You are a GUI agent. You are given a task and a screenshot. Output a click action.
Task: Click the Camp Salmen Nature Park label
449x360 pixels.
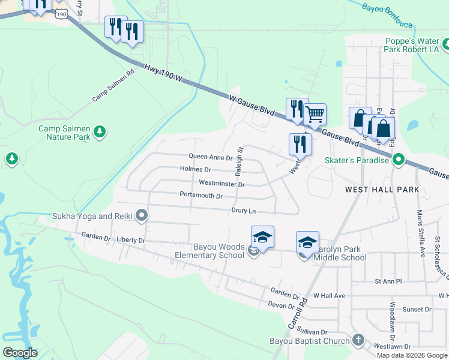click(x=64, y=133)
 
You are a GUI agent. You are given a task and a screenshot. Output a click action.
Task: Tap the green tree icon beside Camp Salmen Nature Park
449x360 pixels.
click(x=101, y=132)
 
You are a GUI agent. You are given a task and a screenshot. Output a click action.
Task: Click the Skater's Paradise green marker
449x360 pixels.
click(x=399, y=160)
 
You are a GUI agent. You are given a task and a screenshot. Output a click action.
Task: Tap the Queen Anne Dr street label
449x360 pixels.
click(x=210, y=158)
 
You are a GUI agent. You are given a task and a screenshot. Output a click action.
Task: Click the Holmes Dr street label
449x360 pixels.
click(x=196, y=170)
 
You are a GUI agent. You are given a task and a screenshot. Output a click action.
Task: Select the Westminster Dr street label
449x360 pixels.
click(x=221, y=184)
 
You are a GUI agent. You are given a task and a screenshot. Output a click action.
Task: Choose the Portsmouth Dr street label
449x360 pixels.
click(x=201, y=196)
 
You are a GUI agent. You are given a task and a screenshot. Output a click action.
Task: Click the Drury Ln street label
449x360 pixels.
click(x=244, y=211)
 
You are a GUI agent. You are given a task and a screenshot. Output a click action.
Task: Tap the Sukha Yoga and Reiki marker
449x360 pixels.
click(x=142, y=215)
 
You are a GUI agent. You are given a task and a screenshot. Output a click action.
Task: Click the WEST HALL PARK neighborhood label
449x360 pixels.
click(x=382, y=190)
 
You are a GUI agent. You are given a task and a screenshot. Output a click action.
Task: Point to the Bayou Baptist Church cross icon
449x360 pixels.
click(x=358, y=341)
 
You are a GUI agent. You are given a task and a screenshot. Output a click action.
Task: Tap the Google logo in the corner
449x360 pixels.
click(x=20, y=352)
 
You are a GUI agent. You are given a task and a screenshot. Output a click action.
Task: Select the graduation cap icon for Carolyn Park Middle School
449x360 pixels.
click(x=307, y=242)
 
